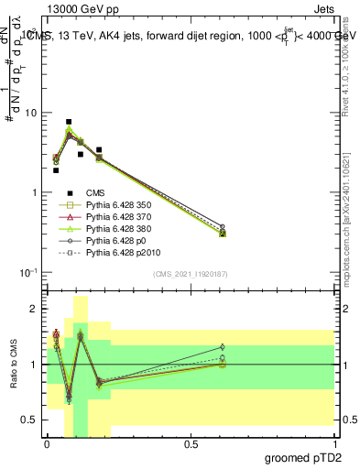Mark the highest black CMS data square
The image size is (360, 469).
coord(69,122)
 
